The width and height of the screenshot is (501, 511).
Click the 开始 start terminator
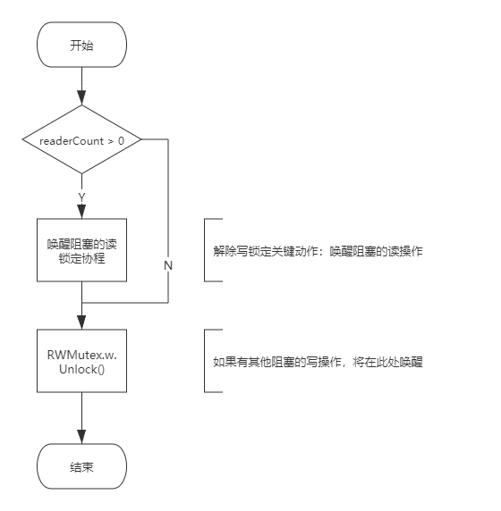point(81,45)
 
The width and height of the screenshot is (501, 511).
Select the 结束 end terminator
point(81,466)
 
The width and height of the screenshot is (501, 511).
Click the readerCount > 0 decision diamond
point(81,139)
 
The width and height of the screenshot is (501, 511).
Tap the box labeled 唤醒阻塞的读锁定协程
point(81,250)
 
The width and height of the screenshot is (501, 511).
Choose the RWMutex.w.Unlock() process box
point(81,361)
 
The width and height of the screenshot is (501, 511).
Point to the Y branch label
point(81,197)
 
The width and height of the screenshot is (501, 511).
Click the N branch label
point(168,266)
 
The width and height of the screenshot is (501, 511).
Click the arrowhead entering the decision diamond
point(81,97)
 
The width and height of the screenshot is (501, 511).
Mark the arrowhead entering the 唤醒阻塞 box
point(81,212)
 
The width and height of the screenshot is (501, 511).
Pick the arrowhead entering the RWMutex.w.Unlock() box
point(81,323)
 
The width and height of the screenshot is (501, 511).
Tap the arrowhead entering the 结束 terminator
point(81,437)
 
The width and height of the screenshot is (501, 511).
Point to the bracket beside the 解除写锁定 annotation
point(205,250)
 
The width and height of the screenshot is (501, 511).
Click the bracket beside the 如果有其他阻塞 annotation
point(205,361)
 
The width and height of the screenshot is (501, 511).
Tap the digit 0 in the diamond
point(121,141)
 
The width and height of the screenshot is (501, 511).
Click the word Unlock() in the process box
point(81,370)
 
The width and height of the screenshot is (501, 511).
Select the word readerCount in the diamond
point(72,141)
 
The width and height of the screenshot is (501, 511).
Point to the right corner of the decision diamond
point(141,139)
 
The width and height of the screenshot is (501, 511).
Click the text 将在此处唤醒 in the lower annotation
point(387,362)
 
